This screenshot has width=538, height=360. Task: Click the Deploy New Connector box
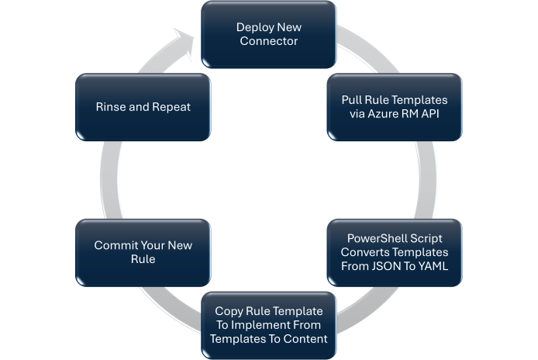tap(269, 33)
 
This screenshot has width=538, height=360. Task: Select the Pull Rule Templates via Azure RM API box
tap(395, 107)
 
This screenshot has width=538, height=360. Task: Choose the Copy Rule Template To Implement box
tap(269, 325)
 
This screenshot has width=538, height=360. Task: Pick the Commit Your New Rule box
tap(143, 252)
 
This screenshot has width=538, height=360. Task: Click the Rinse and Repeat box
tap(143, 107)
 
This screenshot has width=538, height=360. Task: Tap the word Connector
tap(269, 40)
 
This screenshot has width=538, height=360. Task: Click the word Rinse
tap(112, 107)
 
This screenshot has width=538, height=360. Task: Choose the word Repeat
tap(171, 107)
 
